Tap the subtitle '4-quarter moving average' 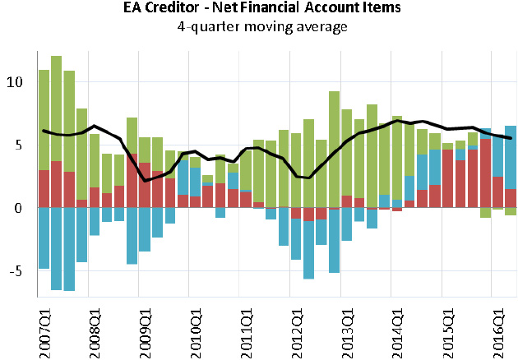259,26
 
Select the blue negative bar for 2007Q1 44,238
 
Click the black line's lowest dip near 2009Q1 146,180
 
